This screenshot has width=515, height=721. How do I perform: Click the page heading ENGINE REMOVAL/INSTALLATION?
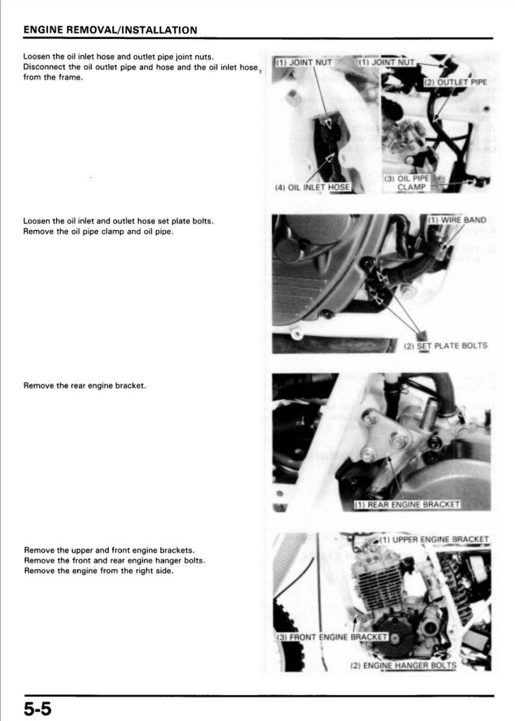(109, 29)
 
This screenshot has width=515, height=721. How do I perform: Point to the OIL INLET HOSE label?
(312, 187)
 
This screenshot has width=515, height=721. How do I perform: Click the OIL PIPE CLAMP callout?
(412, 183)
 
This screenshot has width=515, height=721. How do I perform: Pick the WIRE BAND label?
(459, 220)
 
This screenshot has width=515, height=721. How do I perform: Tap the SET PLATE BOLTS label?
(448, 345)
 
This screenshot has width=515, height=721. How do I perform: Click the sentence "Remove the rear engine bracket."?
(84, 385)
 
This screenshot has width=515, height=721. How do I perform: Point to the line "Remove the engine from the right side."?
(98, 570)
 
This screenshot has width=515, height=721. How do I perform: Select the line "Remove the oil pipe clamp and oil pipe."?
(98, 231)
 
